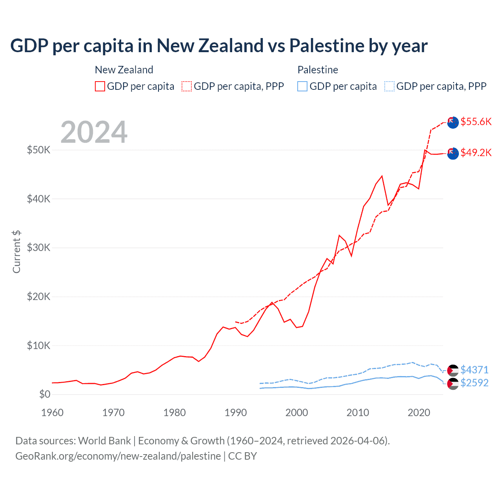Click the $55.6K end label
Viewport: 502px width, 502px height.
pyautogui.click(x=476, y=122)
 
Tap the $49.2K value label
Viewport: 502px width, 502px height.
pyautogui.click(x=476, y=153)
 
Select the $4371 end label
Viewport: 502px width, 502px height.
pyautogui.click(x=474, y=370)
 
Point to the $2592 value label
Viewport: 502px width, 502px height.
pyautogui.click(x=474, y=383)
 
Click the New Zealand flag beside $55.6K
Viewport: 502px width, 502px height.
pyautogui.click(x=453, y=122)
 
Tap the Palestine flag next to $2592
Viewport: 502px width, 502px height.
pyautogui.click(x=453, y=384)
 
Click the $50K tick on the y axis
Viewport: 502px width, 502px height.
pyautogui.click(x=38, y=150)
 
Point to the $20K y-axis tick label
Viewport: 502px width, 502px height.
pyautogui.click(x=38, y=297)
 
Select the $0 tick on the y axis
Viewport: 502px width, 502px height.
pyautogui.click(x=45, y=395)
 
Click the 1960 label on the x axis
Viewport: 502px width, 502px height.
pyautogui.click(x=52, y=413)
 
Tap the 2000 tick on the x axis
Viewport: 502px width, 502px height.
pyautogui.click(x=297, y=413)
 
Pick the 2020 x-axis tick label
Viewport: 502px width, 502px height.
pyautogui.click(x=419, y=413)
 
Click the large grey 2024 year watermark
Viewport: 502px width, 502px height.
pyautogui.click(x=94, y=132)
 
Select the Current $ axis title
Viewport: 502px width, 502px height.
pyautogui.click(x=16, y=252)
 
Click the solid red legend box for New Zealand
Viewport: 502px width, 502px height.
pyautogui.click(x=100, y=86)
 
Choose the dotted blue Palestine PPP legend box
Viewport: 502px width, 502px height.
pyautogui.click(x=389, y=86)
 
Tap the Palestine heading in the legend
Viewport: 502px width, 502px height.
pyautogui.click(x=318, y=70)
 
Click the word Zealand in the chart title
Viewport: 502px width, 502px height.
pyautogui.click(x=231, y=46)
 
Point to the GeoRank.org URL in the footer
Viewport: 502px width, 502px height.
pyautogui.click(x=118, y=456)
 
